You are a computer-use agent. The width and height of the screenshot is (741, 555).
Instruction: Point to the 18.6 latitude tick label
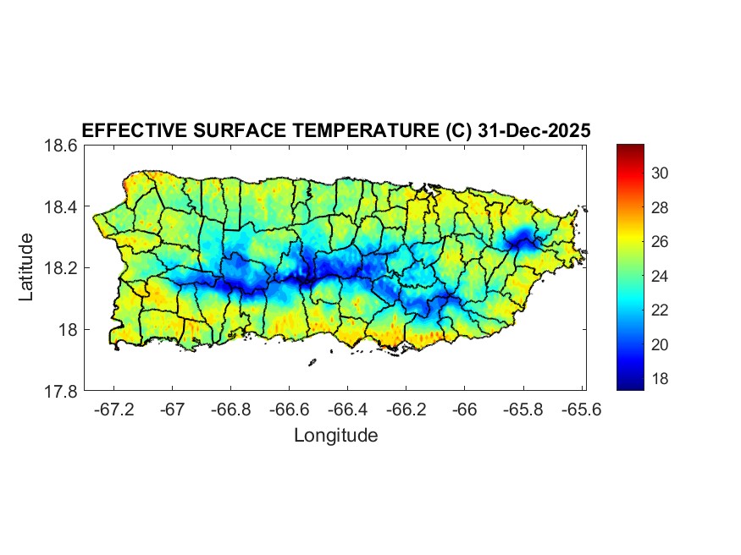61,146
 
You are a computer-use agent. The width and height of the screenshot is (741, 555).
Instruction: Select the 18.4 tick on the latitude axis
61,207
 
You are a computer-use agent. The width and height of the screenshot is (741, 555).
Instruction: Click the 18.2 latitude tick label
61,268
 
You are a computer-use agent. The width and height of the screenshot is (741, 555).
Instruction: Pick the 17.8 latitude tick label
61,391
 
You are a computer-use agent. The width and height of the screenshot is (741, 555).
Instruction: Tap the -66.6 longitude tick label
290,409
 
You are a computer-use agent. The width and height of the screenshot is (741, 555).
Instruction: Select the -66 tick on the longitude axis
465,409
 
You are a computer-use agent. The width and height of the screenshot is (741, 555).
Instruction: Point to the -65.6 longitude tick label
582,409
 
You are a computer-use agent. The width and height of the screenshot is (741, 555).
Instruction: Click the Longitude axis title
335,436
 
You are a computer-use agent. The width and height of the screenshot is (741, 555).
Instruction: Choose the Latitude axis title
27,267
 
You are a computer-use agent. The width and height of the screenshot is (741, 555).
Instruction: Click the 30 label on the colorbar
661,173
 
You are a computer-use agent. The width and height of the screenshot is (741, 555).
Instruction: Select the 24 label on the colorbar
661,277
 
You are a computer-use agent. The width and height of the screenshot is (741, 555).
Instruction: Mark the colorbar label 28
661,208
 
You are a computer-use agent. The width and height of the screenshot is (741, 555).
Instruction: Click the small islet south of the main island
312,363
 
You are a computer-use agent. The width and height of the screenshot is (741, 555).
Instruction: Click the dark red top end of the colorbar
630,149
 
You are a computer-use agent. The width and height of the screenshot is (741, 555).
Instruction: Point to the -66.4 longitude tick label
348,409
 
